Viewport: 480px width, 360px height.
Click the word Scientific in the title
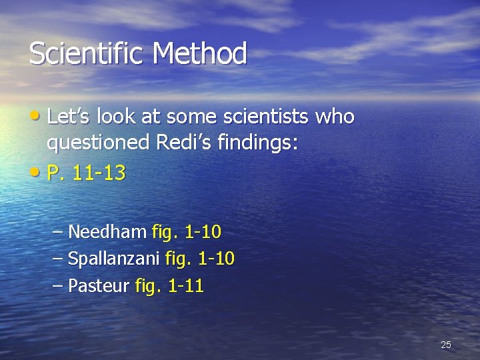(x=85, y=54)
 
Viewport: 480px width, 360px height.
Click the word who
(x=335, y=117)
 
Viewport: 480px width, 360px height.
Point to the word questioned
(x=99, y=143)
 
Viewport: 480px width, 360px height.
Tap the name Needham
(x=107, y=232)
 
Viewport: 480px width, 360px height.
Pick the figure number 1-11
(x=186, y=287)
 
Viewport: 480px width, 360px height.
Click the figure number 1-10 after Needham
(x=203, y=232)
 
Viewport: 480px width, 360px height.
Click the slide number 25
(x=446, y=345)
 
